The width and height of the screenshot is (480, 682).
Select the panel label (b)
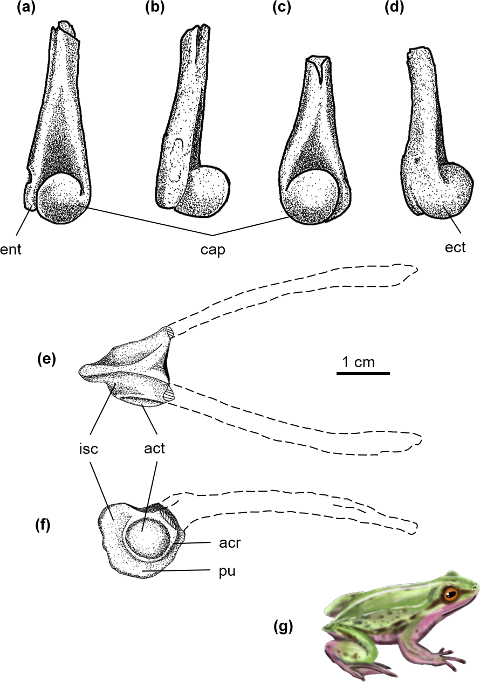coord(155,9)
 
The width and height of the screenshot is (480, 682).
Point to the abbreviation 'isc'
coord(87,448)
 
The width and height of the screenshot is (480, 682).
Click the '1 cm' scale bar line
coord(363,373)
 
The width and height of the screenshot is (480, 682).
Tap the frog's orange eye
coord(450,595)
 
